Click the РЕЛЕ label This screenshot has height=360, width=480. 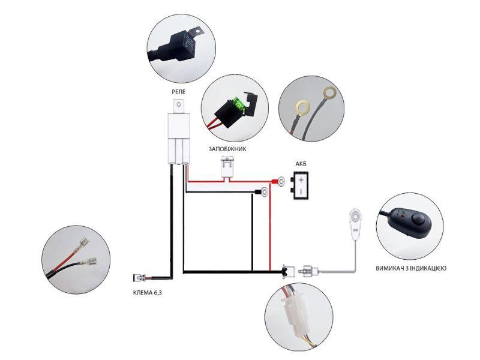(178, 92)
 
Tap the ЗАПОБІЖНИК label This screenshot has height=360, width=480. (227, 149)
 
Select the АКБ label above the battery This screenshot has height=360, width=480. (301, 164)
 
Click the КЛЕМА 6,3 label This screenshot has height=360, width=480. (148, 293)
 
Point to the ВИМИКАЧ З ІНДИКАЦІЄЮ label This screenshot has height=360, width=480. (411, 268)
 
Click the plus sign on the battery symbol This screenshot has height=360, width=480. (301, 179)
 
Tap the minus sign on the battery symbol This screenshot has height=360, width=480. (301, 191)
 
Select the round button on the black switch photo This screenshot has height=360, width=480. (417, 218)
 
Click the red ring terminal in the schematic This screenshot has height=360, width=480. (279, 182)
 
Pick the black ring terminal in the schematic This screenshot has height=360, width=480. (262, 192)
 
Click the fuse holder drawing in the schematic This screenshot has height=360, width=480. (227, 167)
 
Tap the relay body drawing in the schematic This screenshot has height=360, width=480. (179, 139)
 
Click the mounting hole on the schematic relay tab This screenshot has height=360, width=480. (179, 104)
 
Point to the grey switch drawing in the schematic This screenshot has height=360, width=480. (355, 224)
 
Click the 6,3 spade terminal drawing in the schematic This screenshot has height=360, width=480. (139, 278)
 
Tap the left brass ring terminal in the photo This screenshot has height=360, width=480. (302, 108)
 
